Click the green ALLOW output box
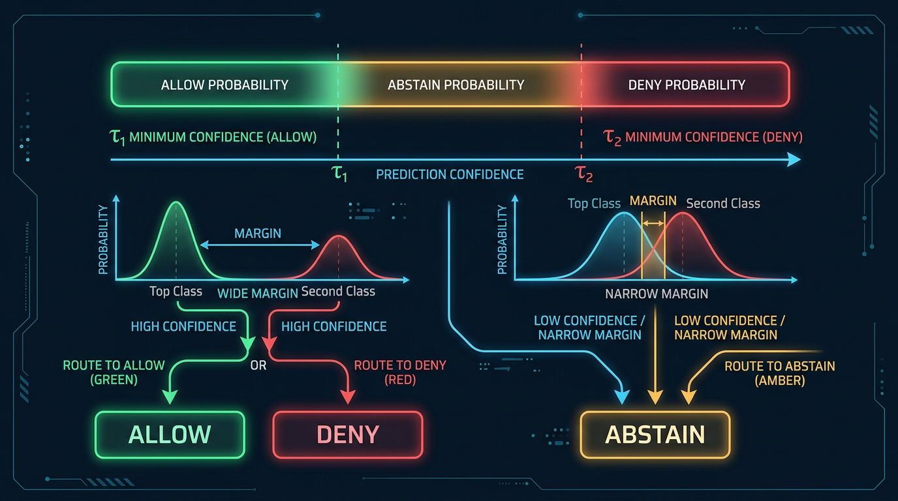170,434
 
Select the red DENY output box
347,434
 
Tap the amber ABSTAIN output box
655,434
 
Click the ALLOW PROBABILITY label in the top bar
225,85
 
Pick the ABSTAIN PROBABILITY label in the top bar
456,85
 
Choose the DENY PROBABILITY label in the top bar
687,85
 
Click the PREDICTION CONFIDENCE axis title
450,174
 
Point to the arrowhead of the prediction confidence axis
794,160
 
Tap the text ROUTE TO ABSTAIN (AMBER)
779,373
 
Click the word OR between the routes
258,365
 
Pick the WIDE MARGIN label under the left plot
257,293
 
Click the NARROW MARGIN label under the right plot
656,294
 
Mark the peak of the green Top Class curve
175,203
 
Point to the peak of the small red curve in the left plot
338,236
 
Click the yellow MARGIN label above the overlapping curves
653,201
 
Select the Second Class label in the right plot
723,204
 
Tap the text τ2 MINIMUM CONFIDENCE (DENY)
703,137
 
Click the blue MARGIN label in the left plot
258,234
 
